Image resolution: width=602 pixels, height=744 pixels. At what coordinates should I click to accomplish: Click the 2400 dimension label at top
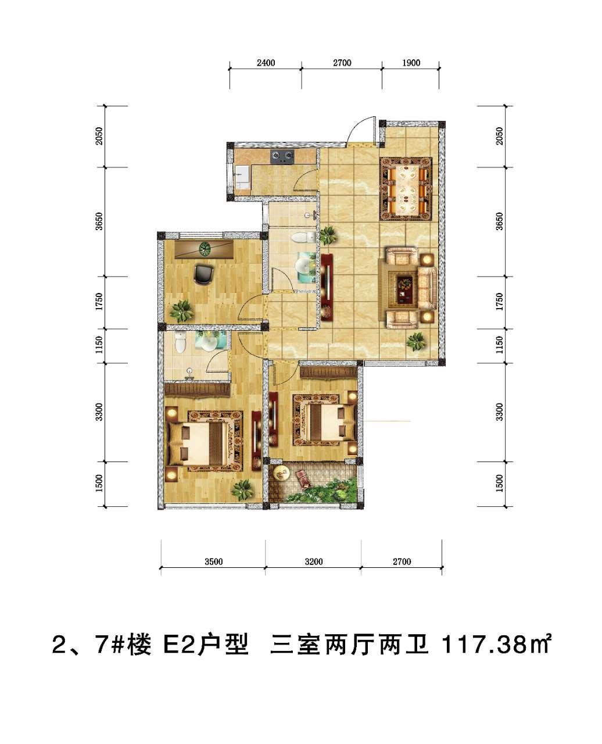pyautogui.click(x=266, y=63)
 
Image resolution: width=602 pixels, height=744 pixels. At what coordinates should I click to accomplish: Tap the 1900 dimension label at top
pyautogui.click(x=411, y=63)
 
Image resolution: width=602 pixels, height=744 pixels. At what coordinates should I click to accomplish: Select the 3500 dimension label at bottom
pyautogui.click(x=213, y=561)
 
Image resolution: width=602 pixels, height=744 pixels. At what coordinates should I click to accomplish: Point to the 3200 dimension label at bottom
pyautogui.click(x=314, y=561)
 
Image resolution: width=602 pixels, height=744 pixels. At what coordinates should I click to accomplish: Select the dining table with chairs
pyautogui.click(x=406, y=189)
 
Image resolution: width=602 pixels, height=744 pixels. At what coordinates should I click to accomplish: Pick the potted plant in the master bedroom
pyautogui.click(x=242, y=490)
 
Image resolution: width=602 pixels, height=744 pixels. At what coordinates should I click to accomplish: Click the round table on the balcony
pyautogui.click(x=281, y=473)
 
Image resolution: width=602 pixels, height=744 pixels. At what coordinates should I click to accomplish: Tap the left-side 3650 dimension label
pyautogui.click(x=100, y=221)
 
